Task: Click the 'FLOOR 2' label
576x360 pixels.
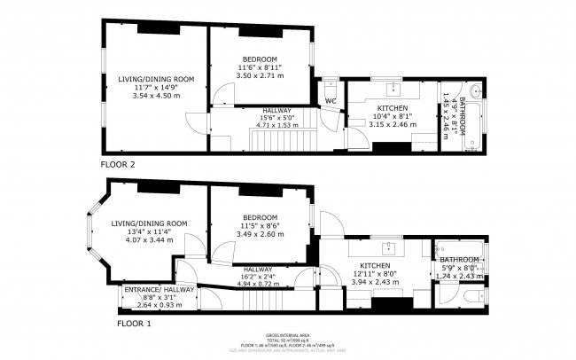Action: tap(118, 164)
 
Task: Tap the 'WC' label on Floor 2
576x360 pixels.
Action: tap(330, 101)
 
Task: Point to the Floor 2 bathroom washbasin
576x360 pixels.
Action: tap(477, 90)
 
